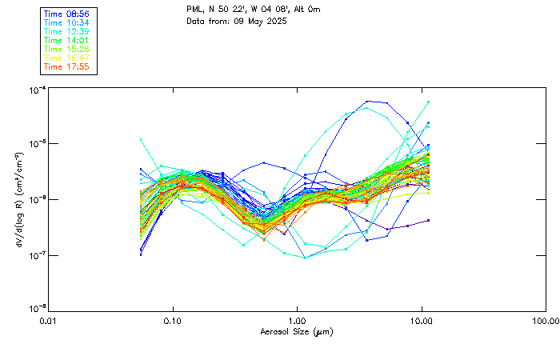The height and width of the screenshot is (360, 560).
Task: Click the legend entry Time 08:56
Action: [x=66, y=14]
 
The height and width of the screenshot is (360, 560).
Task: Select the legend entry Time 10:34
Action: [x=66, y=23]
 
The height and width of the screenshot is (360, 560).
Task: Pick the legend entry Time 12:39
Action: [x=66, y=31]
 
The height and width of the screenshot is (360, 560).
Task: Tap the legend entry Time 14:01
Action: [x=66, y=40]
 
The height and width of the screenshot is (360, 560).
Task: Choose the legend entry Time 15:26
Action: [x=66, y=49]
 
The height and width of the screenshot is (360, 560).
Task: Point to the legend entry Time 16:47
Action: [x=66, y=58]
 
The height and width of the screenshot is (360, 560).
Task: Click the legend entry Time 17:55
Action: [x=66, y=66]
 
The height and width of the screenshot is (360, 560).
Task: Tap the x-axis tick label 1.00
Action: [x=298, y=321]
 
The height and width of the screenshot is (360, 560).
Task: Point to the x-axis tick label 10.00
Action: [x=422, y=321]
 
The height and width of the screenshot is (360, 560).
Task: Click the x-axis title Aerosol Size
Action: [x=296, y=331]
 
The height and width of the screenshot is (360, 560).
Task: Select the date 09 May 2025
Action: [x=261, y=21]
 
